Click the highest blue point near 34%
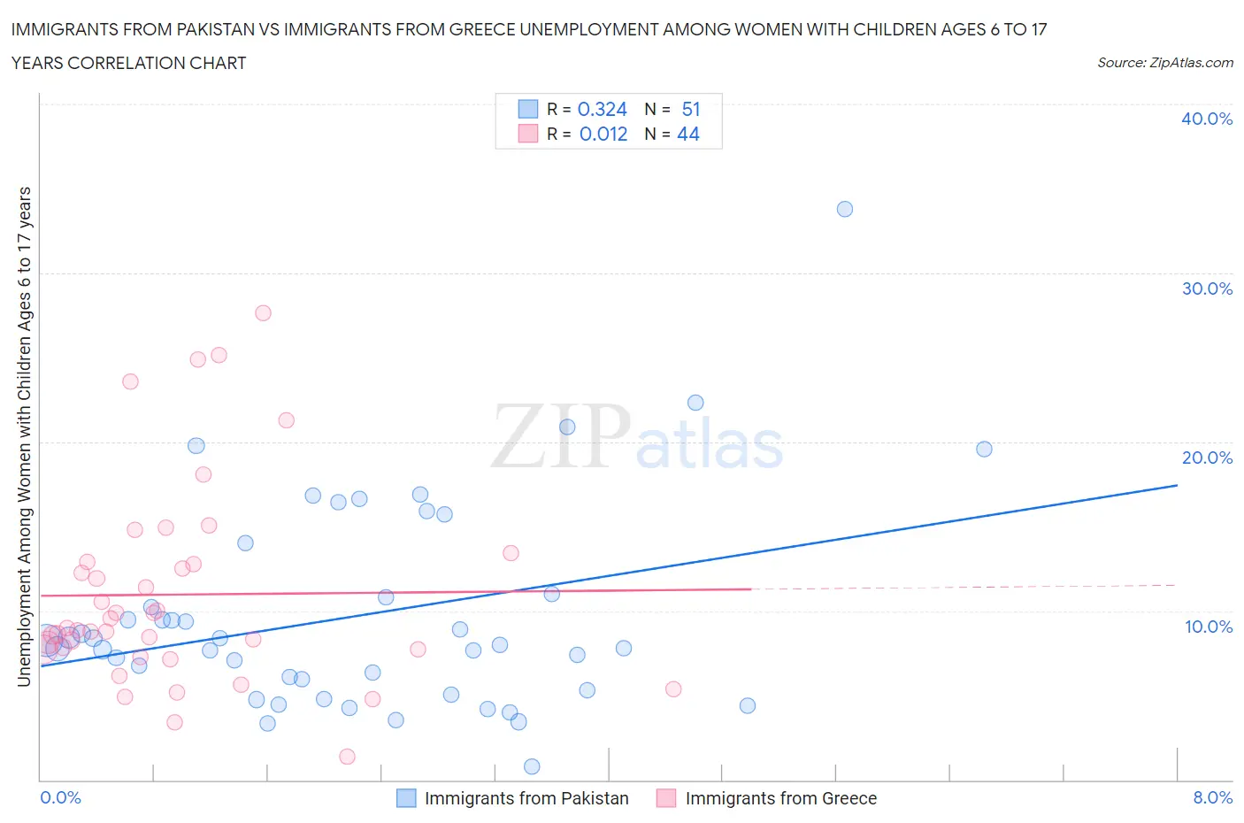(845, 209)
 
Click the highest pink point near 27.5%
(263, 312)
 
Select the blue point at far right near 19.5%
(984, 449)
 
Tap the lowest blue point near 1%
(532, 766)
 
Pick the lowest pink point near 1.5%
(348, 757)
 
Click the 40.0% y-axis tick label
(1207, 119)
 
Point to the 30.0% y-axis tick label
(1207, 288)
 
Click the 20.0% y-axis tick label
(1207, 458)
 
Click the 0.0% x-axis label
(61, 797)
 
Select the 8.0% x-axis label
(1212, 797)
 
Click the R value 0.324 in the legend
(602, 109)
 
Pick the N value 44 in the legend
(688, 134)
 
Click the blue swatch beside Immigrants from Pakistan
(406, 798)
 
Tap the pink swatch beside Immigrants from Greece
(666, 798)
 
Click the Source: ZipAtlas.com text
(1164, 62)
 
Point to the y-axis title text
(24, 437)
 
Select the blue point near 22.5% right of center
(695, 403)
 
